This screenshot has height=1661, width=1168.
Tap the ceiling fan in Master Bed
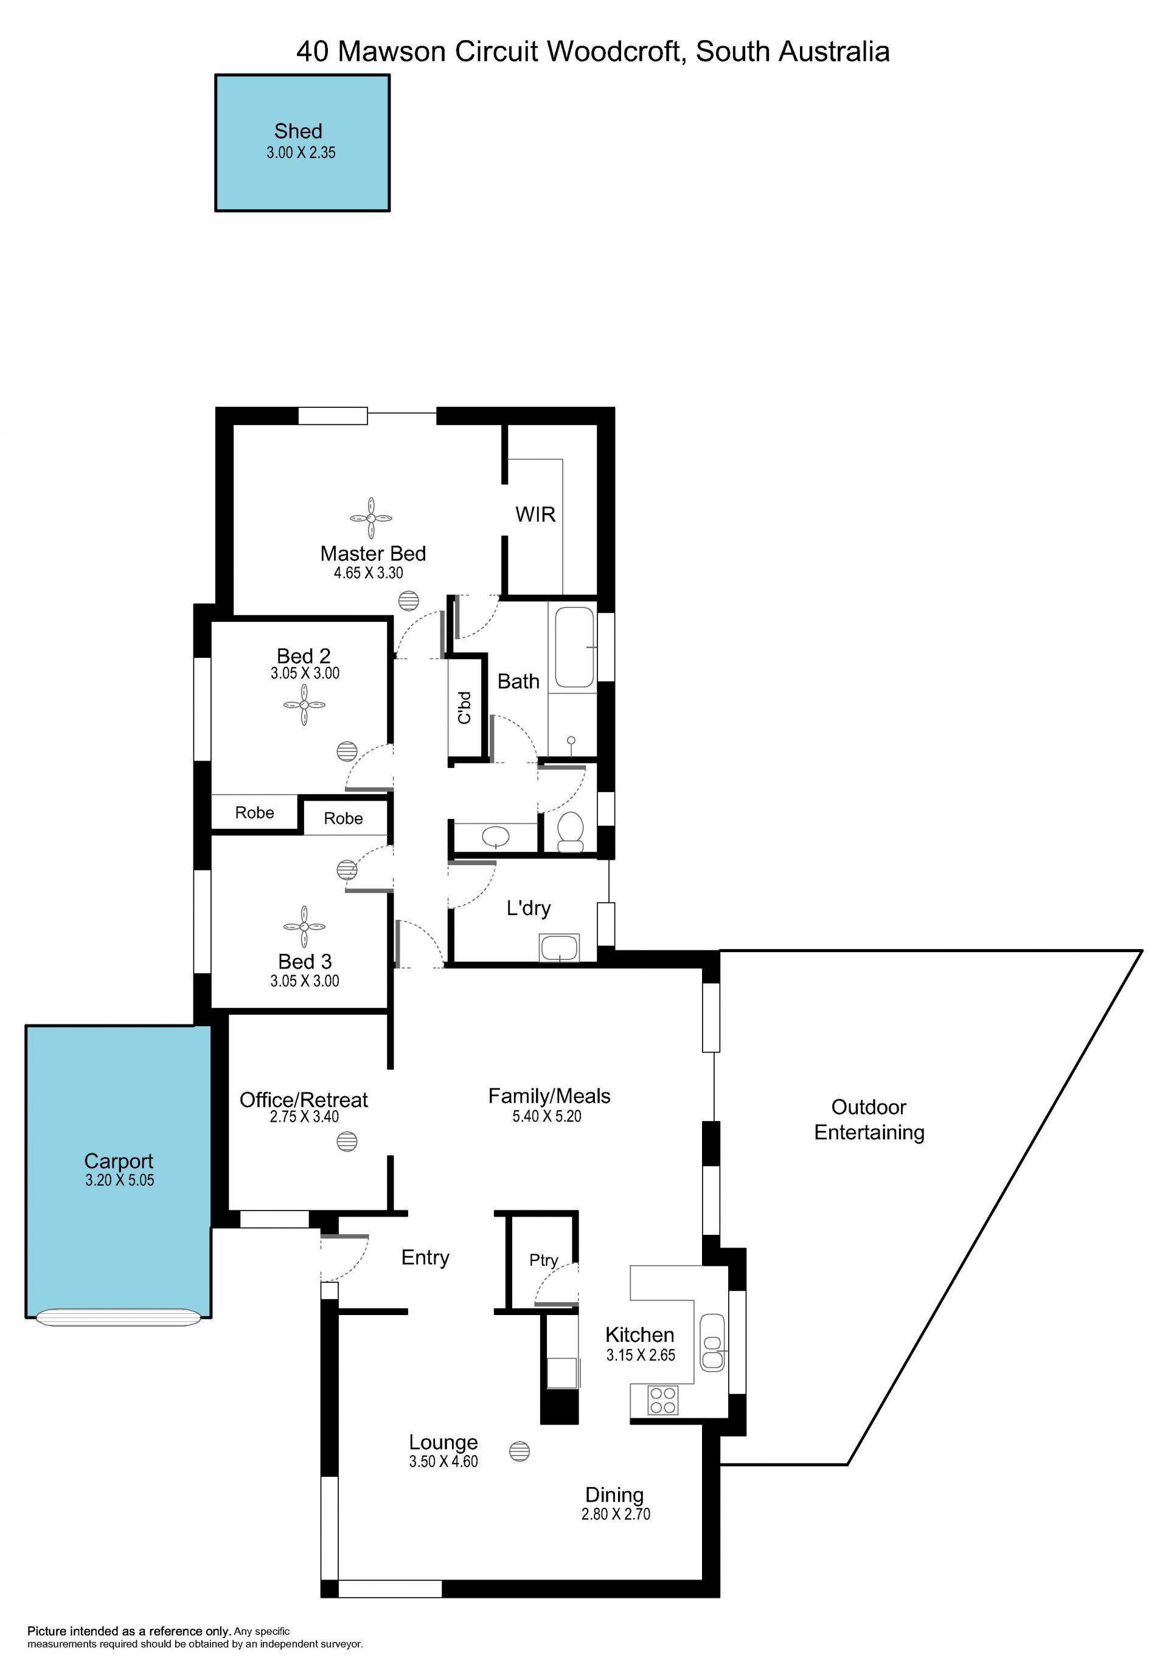(x=371, y=518)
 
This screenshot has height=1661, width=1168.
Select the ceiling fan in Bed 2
(x=304, y=705)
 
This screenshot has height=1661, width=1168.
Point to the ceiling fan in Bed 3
(x=304, y=926)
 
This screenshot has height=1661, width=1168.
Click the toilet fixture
(x=571, y=831)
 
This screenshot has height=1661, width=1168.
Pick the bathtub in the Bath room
(x=575, y=647)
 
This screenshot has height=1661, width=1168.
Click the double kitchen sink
(x=712, y=1342)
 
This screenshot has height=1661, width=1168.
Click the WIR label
(x=535, y=514)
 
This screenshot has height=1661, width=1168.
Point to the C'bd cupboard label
(x=465, y=707)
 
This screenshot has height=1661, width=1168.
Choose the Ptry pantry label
(x=543, y=1261)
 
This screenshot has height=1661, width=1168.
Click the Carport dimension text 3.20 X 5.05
(x=119, y=1180)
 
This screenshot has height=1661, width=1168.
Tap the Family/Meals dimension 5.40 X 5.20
(x=547, y=1116)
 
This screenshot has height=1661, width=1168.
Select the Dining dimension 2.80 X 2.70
(x=616, y=1514)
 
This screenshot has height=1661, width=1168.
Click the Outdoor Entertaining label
(x=869, y=1119)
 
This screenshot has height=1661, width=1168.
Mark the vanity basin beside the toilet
(x=496, y=837)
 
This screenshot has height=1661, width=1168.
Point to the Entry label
(x=425, y=1258)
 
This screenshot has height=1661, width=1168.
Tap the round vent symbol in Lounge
(x=520, y=1451)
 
